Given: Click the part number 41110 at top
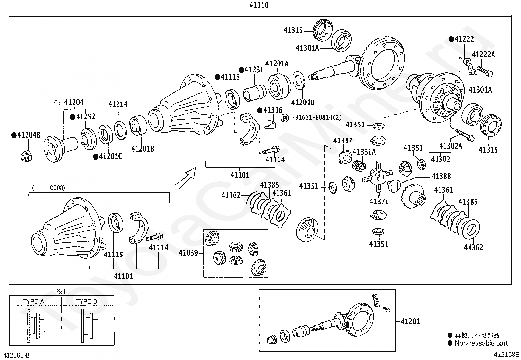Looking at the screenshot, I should click(259, 5).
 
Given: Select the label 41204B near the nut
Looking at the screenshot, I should click(28, 135).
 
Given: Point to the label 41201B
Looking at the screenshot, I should click(143, 149).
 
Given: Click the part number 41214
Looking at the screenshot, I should click(118, 104).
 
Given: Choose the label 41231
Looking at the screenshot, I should click(254, 70).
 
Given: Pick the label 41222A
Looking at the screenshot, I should click(483, 55).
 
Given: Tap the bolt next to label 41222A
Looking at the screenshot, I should click(485, 71).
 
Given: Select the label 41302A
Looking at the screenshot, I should click(451, 146).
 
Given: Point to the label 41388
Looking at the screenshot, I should click(441, 176).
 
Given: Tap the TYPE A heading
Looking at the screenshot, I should click(33, 301).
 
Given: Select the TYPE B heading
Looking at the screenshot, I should click(86, 301).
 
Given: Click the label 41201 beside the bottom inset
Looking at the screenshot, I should click(410, 321).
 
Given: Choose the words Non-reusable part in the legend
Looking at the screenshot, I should click(481, 343).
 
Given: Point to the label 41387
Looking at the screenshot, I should click(343, 141).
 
